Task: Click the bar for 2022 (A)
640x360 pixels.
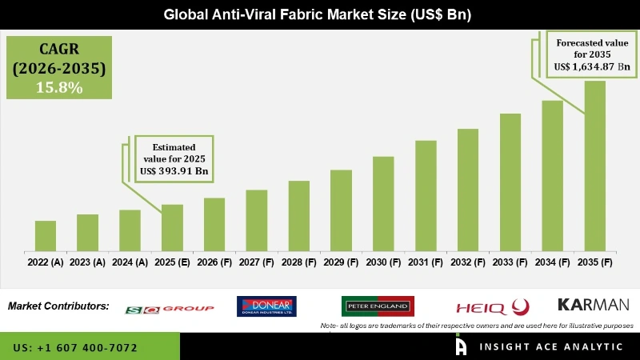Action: (46, 236)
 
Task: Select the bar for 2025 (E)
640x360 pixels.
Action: (172, 228)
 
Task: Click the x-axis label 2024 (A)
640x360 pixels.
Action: (130, 262)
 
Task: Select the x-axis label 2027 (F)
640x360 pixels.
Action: (256, 262)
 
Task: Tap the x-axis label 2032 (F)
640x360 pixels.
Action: (468, 262)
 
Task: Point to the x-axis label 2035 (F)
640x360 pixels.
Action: (594, 262)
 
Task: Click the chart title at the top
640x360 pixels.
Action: (320, 14)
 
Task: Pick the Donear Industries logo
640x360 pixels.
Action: (266, 306)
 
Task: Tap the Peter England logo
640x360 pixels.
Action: (378, 306)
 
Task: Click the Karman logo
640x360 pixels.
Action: (593, 305)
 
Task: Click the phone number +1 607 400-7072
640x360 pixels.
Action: (75, 348)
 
